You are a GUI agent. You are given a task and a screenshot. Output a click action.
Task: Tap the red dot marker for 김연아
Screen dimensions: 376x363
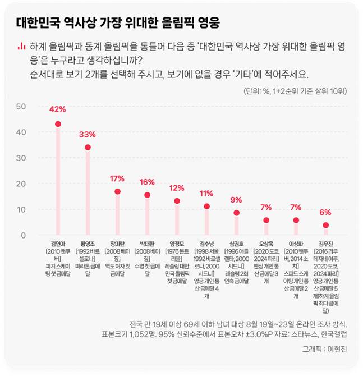tap(58, 124)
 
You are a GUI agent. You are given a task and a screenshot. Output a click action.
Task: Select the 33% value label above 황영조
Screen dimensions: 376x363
tap(88, 135)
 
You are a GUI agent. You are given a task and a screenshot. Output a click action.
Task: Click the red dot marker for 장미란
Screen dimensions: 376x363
tap(117, 191)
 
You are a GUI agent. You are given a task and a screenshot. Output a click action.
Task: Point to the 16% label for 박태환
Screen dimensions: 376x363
tap(147, 182)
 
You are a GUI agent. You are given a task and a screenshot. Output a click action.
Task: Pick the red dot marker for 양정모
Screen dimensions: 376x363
tap(177, 201)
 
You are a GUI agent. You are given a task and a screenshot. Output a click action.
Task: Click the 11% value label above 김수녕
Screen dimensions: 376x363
tap(206, 194)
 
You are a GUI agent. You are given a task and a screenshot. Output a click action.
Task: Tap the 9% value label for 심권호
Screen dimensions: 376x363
tap(236, 200)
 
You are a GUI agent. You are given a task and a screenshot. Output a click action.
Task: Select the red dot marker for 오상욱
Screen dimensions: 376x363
tap(266, 220)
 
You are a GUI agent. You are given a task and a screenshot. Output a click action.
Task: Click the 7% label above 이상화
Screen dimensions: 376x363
tap(296, 208)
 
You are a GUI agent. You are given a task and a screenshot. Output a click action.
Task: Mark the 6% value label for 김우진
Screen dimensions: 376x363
tap(325, 212)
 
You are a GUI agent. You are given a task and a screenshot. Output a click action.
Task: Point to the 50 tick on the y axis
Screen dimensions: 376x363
tap(21, 106)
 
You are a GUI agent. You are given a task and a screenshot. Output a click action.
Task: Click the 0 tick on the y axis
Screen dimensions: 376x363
tap(23, 235)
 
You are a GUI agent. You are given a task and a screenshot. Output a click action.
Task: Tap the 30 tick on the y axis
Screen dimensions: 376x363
tap(21, 158)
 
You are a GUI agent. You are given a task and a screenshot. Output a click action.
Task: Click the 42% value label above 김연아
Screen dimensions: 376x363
tap(58, 109)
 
